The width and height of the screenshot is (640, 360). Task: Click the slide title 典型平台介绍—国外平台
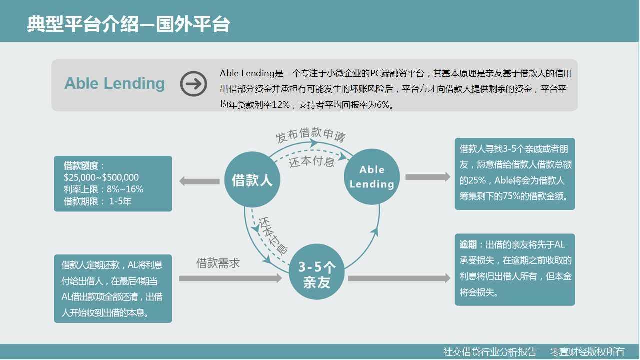click(128, 24)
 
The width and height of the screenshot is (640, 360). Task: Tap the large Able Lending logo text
click(115, 84)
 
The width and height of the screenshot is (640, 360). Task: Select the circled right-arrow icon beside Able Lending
click(193, 84)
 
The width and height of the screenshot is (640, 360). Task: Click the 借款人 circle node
click(252, 179)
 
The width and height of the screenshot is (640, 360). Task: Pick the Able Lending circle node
click(372, 177)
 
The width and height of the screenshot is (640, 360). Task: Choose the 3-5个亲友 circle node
click(317, 272)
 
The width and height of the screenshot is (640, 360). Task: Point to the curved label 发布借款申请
click(311, 135)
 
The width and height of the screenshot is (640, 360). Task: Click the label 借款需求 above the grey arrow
click(218, 263)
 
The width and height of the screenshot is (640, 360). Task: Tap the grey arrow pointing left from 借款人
click(199, 181)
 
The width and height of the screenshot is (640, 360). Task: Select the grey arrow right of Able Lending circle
click(428, 177)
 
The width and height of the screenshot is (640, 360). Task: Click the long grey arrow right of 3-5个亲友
click(399, 278)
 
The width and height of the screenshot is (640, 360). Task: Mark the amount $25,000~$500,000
click(101, 177)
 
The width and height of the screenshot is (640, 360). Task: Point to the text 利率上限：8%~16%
click(103, 189)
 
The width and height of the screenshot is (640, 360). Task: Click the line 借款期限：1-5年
click(97, 201)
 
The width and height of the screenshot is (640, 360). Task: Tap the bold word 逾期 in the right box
click(468, 245)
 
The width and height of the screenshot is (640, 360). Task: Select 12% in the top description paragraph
click(281, 105)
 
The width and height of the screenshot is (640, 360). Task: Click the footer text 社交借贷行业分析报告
click(490, 352)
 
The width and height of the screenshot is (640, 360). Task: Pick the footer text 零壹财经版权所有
click(587, 352)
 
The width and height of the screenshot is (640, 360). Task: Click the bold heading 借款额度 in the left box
click(81, 165)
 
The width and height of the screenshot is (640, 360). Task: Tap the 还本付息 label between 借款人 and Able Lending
click(312, 161)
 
